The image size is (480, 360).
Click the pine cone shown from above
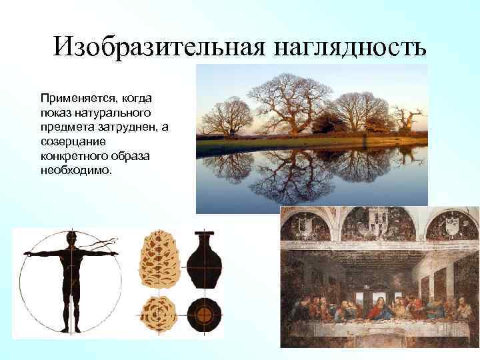[158, 313]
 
